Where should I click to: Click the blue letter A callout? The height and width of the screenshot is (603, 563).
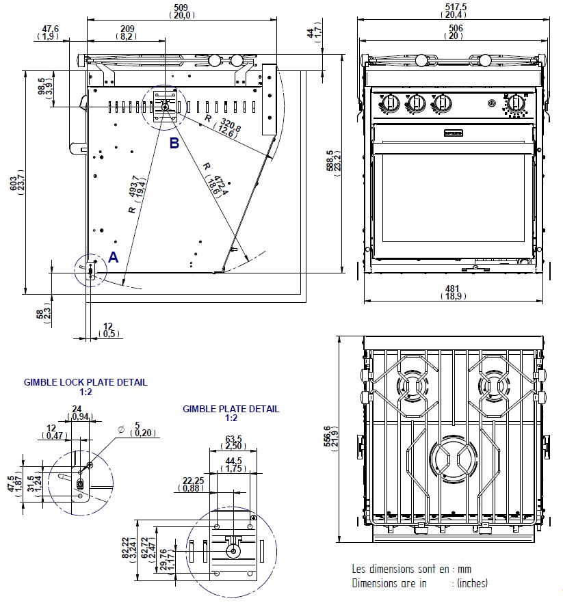coord(113,257)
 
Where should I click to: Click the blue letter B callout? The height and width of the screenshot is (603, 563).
coord(174,144)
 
